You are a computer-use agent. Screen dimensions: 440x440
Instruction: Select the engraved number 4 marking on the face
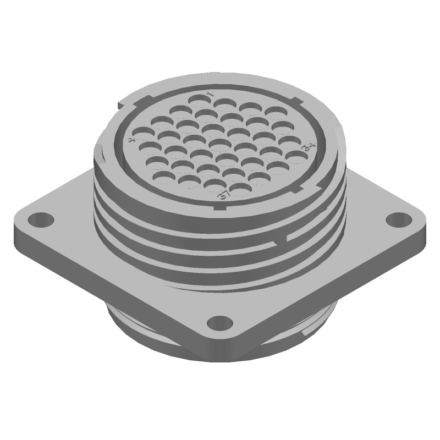131,140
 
